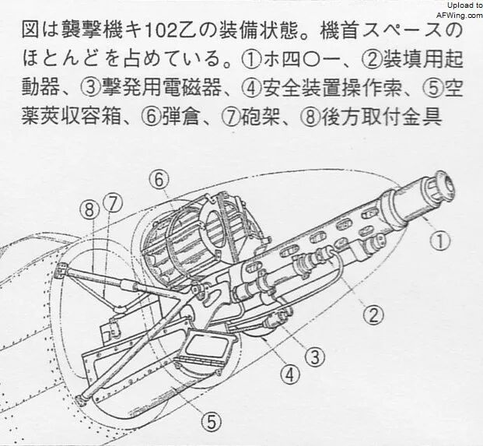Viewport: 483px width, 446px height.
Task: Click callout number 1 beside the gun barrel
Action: pyautogui.click(x=440, y=241)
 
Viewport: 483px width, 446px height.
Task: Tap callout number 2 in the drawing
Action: pyautogui.click(x=373, y=314)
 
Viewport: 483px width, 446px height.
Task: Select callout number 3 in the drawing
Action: pyautogui.click(x=315, y=357)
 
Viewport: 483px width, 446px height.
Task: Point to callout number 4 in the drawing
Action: pyautogui.click(x=290, y=375)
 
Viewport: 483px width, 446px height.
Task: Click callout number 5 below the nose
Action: pyautogui.click(x=212, y=421)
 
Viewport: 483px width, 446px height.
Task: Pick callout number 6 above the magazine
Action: pyautogui.click(x=159, y=180)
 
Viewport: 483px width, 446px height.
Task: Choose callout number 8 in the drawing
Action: pyautogui.click(x=89, y=210)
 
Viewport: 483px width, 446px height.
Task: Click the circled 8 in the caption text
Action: pyautogui.click(x=310, y=118)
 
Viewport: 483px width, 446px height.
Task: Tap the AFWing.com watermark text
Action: pyautogui.click(x=460, y=16)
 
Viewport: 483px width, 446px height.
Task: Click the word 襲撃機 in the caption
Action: pyautogui.click(x=92, y=32)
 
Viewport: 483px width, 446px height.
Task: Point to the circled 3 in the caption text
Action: pyautogui.click(x=91, y=90)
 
